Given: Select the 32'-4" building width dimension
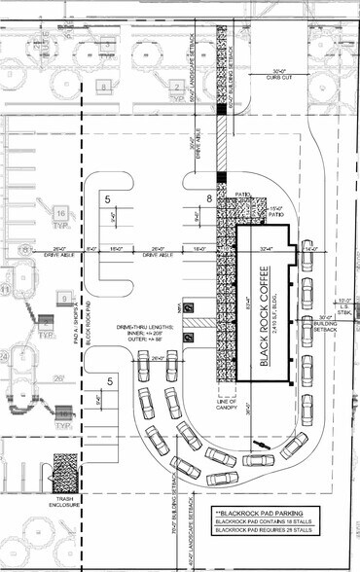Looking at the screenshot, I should coord(264,248).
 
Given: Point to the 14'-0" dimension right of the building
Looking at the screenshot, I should coord(312,248).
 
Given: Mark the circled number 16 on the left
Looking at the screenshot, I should coord(60,212).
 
